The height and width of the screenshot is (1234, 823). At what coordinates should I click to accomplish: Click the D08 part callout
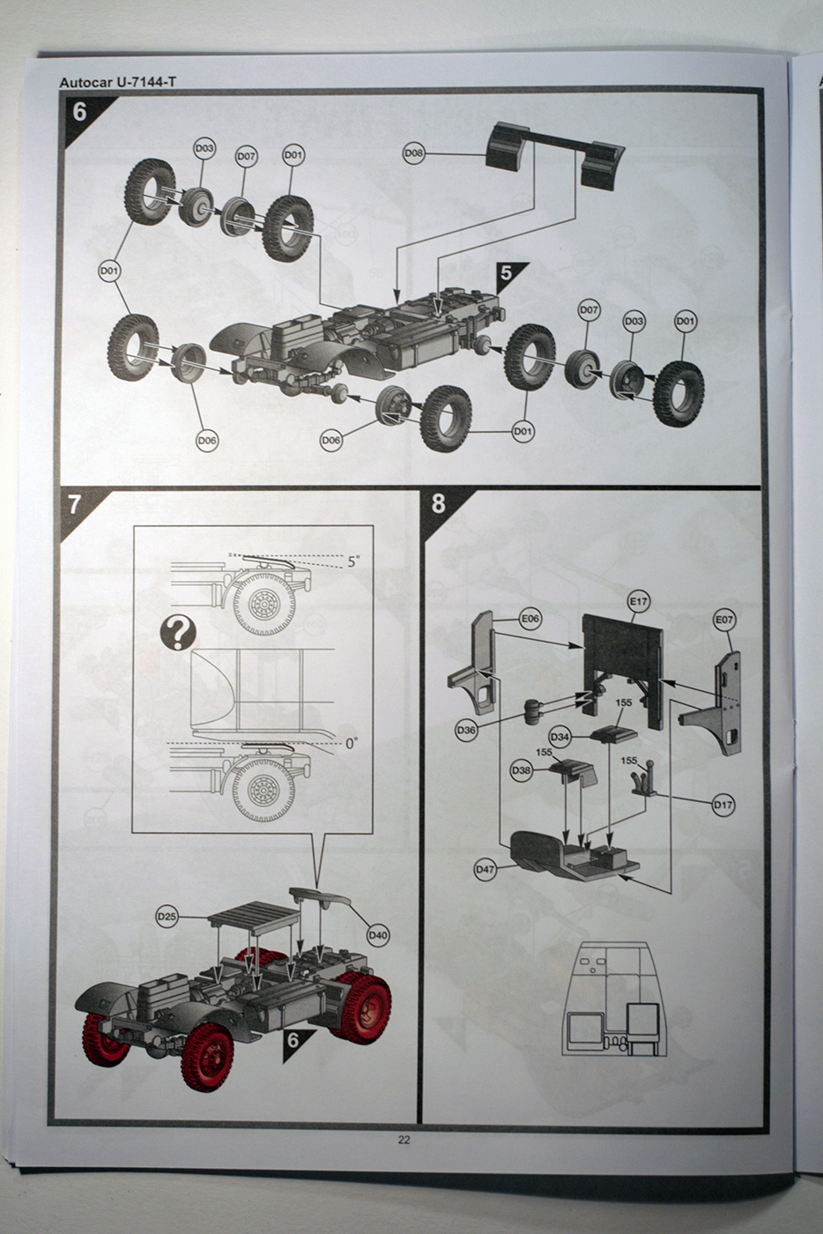(x=413, y=153)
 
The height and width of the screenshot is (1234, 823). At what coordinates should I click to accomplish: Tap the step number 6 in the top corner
(x=81, y=113)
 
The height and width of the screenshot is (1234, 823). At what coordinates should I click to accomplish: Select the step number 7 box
(x=75, y=504)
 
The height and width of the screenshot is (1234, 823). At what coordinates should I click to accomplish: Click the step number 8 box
(x=438, y=504)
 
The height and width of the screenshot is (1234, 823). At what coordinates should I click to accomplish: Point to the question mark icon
(x=179, y=633)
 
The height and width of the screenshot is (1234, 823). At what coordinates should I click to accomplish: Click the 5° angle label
(x=354, y=561)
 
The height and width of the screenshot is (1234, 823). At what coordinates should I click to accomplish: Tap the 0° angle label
(x=351, y=743)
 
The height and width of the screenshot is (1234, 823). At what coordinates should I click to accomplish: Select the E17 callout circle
(x=639, y=602)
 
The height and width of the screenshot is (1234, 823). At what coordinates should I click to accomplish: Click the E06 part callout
(x=530, y=620)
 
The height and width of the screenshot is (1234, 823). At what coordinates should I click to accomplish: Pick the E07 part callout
(x=723, y=621)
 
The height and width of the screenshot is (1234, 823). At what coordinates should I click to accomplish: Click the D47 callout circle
(x=486, y=869)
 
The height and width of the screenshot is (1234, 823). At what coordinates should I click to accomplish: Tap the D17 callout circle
(x=723, y=804)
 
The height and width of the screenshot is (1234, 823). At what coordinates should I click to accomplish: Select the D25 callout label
(x=167, y=917)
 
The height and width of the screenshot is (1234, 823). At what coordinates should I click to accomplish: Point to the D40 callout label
(x=378, y=934)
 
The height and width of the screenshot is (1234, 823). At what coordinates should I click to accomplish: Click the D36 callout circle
(x=467, y=730)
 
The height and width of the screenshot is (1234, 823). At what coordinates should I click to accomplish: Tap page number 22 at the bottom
(x=404, y=1140)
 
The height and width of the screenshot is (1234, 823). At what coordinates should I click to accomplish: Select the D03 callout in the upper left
(x=204, y=149)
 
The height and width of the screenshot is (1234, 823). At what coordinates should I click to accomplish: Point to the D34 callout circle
(x=560, y=736)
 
